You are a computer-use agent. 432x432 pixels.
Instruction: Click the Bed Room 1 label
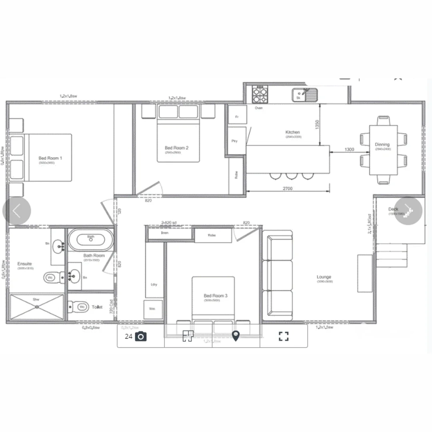pos(50,158)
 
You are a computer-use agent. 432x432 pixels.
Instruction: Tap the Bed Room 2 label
pos(176,148)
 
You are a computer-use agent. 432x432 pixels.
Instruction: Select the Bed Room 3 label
pos(216,296)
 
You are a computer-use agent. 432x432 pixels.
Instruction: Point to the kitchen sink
pos(304,95)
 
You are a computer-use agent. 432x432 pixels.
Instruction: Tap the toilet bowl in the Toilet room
pos(81,307)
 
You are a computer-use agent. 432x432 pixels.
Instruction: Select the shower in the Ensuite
pos(36,307)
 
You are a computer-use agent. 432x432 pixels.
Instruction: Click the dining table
pos(383,150)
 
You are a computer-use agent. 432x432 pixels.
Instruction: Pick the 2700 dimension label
pos(287,189)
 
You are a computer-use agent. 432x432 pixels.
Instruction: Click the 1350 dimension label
pos(317,124)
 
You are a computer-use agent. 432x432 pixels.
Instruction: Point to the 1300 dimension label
pos(349,150)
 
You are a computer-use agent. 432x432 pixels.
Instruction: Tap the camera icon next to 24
pos(141,336)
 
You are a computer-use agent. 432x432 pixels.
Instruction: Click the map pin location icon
pos(236,336)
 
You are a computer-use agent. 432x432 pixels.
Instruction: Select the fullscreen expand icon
pos(284,336)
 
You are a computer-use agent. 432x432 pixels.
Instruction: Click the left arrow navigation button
pos(17,210)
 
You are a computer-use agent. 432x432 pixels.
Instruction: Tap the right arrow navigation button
pos(408,210)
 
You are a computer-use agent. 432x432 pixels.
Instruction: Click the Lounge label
pos(324,277)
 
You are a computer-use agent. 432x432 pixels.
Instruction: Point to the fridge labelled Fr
pos(237,117)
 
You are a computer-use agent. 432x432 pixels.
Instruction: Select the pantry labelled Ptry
pos(235,141)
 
